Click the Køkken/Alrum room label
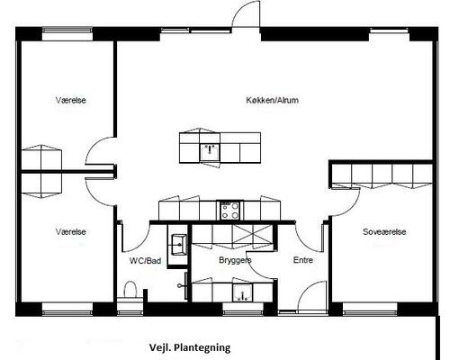click(x=272, y=100)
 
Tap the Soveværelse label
click(x=384, y=231)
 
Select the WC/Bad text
click(x=145, y=261)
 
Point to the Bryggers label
click(x=235, y=260)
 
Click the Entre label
click(x=303, y=260)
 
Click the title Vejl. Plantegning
click(x=190, y=347)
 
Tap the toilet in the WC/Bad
click(x=130, y=290)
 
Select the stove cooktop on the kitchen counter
click(x=229, y=210)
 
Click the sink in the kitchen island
click(x=210, y=152)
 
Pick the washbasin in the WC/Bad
click(x=179, y=245)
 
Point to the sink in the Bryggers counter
click(x=242, y=293)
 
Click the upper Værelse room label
click(x=71, y=100)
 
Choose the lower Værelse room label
click(x=71, y=231)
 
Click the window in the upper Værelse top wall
click(x=67, y=30)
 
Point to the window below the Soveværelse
click(x=370, y=313)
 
